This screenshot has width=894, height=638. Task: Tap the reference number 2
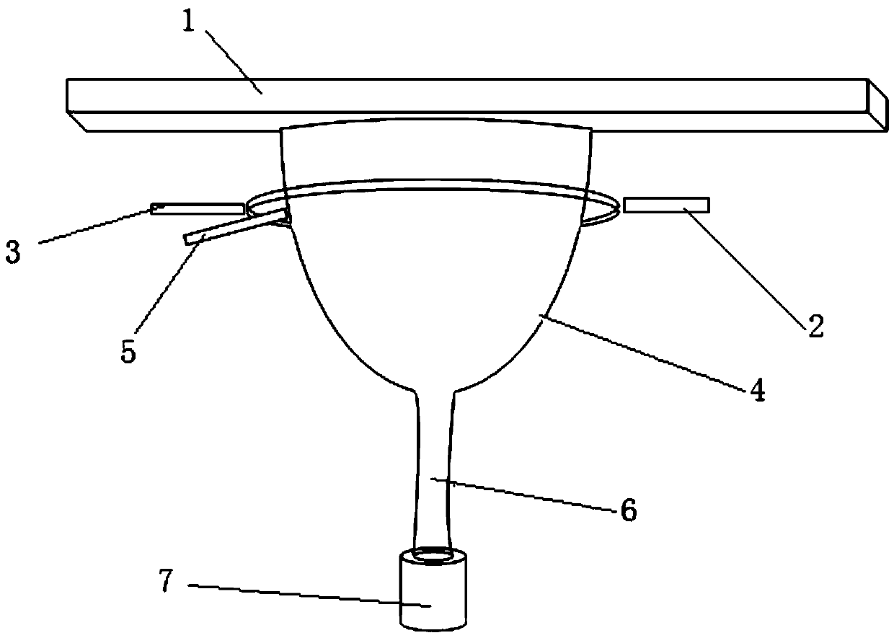[x=814, y=327]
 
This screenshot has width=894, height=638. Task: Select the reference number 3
[x=13, y=254]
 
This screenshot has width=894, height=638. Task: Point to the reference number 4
[x=755, y=390]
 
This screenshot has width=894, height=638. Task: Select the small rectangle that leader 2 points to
[x=666, y=205]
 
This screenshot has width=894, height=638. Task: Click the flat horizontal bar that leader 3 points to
[x=198, y=208]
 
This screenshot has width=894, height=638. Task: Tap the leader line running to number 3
[x=94, y=226]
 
